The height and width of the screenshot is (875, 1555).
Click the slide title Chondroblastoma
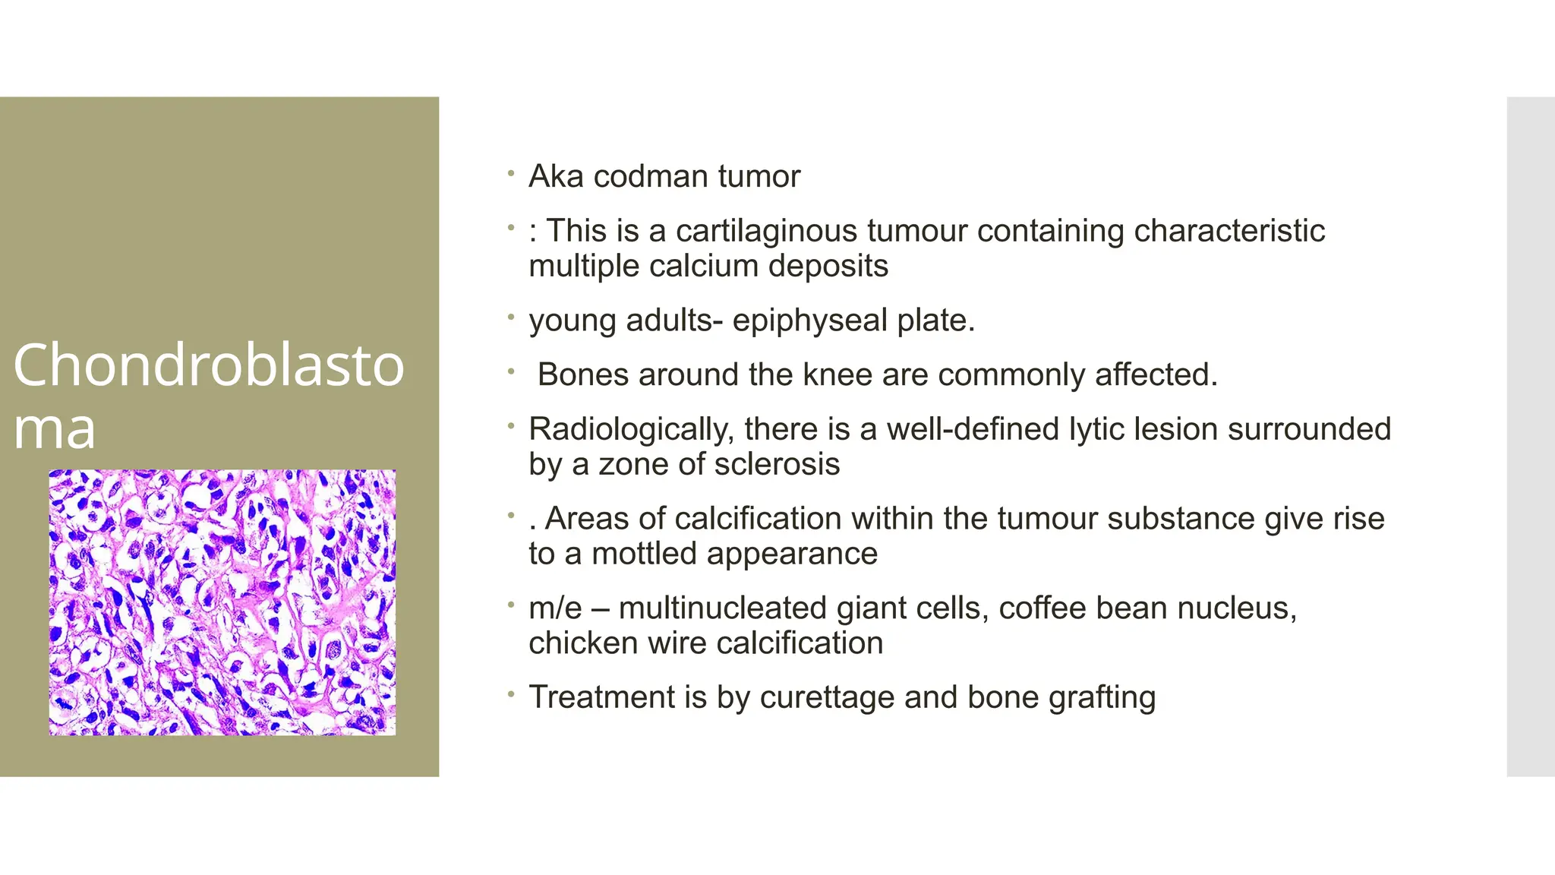208,395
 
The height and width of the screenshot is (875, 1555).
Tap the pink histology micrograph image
222,602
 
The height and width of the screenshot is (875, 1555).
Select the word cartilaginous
766,231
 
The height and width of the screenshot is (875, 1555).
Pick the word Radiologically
631,430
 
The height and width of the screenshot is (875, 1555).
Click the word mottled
644,554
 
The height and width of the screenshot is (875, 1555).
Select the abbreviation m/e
555,608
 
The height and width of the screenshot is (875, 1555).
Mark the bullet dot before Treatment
512,694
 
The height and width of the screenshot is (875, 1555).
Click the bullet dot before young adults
512,317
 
